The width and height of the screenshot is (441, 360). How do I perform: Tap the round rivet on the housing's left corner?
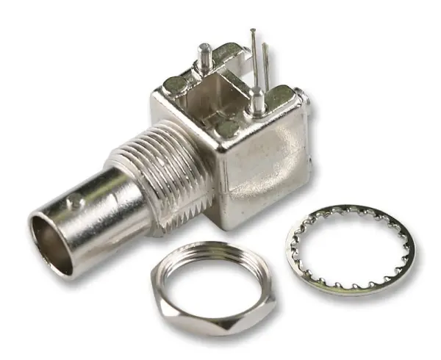(x=176, y=84)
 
